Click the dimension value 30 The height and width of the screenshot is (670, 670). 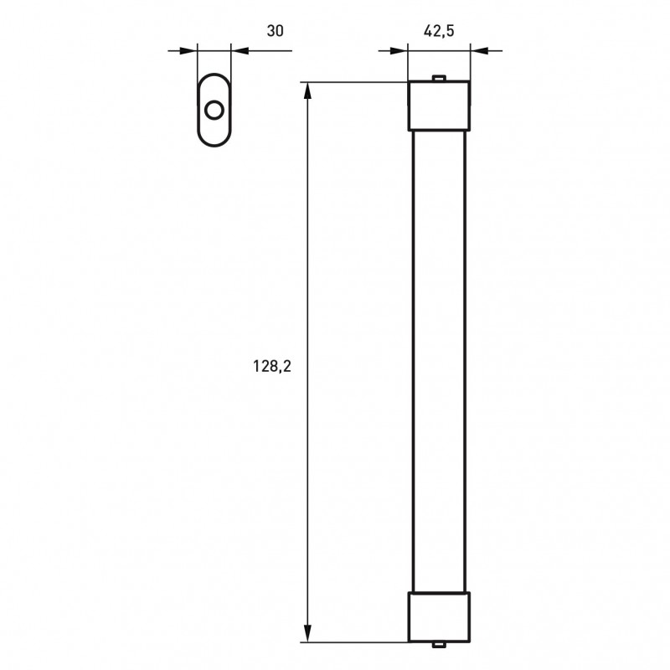(x=275, y=31)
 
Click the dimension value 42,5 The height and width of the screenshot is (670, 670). (x=439, y=31)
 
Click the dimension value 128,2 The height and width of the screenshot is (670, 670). (x=272, y=367)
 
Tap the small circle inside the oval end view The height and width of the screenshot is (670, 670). (x=214, y=111)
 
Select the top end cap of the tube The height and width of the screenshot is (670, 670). (x=439, y=106)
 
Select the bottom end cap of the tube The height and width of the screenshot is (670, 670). (x=439, y=617)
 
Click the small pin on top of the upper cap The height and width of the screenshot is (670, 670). (x=439, y=78)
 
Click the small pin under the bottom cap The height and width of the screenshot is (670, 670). (x=439, y=645)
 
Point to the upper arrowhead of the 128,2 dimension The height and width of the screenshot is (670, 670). (x=307, y=90)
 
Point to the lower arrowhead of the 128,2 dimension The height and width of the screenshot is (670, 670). (x=307, y=633)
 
